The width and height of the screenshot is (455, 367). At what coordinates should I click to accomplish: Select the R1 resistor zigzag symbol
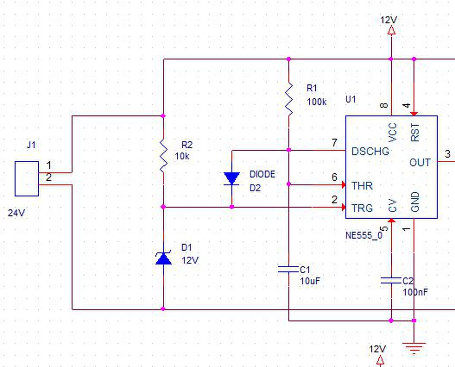289,99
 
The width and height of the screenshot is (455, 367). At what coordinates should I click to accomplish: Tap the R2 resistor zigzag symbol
164,156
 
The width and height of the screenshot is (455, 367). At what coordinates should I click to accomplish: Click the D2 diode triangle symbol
231,179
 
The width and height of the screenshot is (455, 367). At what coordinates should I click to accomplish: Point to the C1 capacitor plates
288,269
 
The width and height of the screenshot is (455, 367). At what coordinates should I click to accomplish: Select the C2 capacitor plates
391,280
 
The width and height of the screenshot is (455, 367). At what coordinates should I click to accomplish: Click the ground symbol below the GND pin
414,349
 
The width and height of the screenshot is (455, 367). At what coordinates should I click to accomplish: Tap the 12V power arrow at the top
391,30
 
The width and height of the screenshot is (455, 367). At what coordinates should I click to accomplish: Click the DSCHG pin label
370,152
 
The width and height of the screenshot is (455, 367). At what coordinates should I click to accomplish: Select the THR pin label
362,186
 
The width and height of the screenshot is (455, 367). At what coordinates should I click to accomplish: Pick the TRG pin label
362,208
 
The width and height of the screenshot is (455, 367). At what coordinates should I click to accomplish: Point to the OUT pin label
420,163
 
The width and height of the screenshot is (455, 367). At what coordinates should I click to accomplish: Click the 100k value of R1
317,102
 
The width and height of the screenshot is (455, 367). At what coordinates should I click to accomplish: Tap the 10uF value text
310,281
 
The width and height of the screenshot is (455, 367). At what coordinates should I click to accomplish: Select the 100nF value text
416,292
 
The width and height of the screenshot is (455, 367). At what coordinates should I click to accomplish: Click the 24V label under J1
16,213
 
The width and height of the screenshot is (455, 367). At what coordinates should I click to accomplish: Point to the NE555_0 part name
364,235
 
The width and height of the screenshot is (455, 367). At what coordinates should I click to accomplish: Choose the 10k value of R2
182,156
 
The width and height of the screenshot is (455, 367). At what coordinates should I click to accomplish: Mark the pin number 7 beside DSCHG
334,143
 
